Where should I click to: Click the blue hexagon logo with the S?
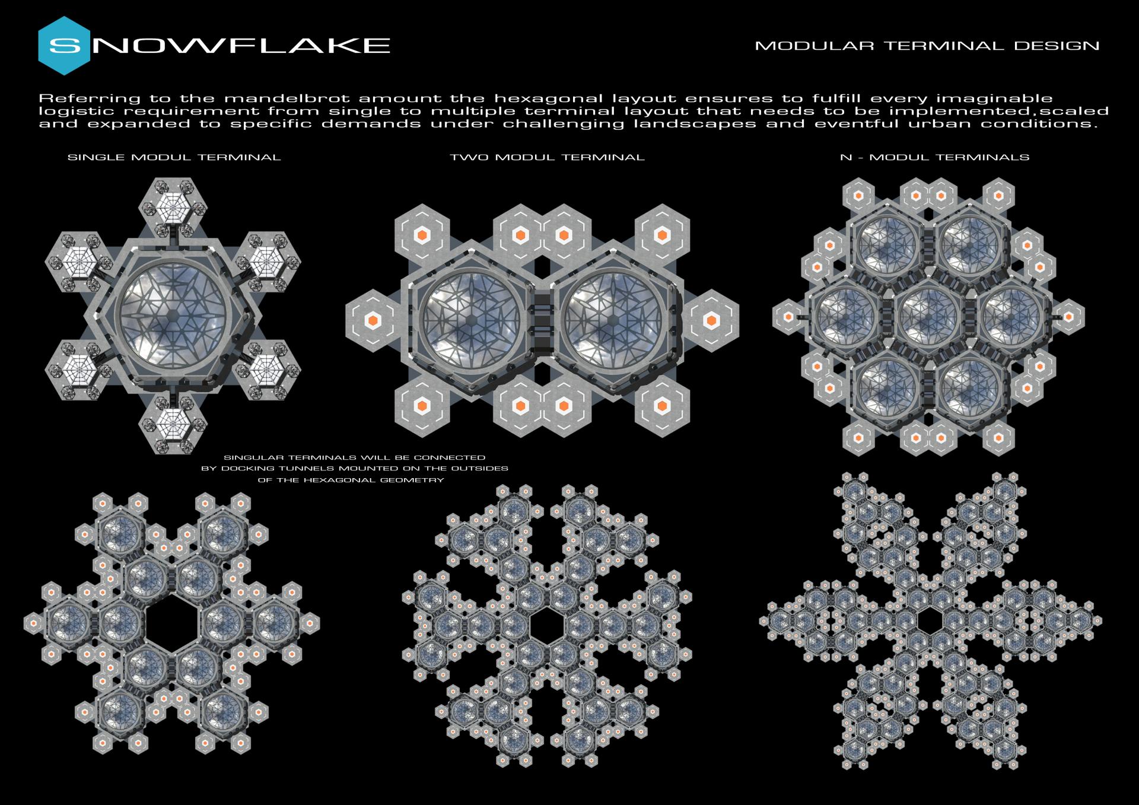(64, 46)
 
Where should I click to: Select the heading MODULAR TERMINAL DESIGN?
(927, 46)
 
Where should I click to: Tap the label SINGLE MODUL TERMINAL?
(174, 157)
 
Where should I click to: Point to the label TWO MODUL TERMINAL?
(547, 157)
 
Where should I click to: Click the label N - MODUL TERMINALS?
(934, 157)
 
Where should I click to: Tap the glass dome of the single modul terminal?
(173, 315)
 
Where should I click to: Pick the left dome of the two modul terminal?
(472, 321)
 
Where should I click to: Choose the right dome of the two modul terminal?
(613, 321)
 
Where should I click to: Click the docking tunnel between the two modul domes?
(543, 321)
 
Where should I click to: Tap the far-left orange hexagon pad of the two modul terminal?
(373, 321)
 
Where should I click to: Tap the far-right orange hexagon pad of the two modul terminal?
(711, 321)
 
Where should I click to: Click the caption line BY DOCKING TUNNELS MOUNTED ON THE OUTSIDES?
(355, 469)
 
